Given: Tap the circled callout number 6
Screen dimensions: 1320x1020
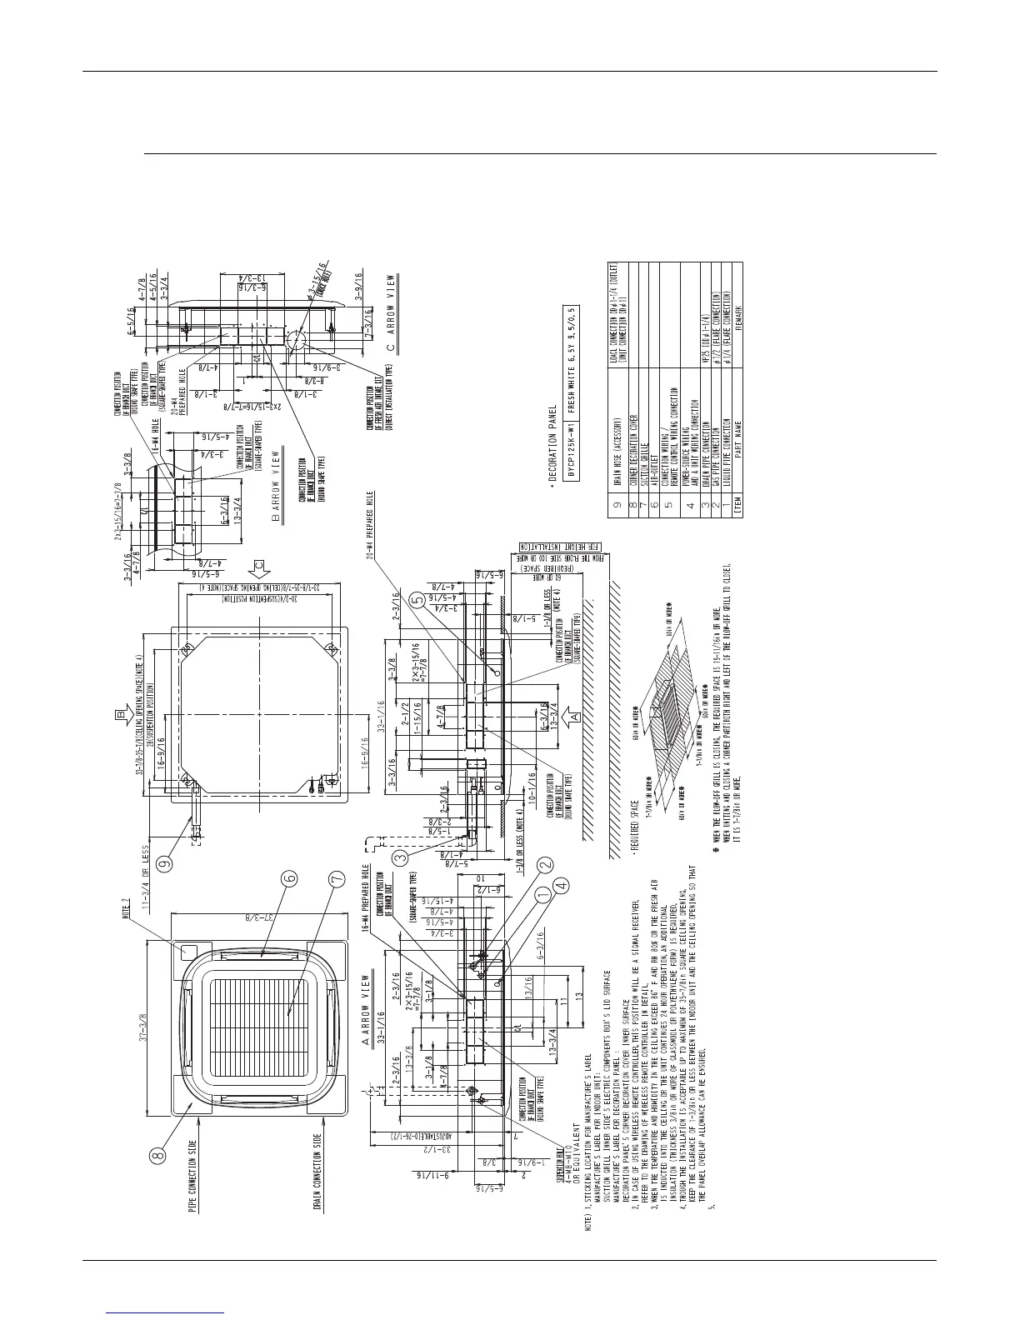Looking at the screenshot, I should point(288,877).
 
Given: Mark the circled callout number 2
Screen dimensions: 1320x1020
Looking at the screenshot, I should point(546,864).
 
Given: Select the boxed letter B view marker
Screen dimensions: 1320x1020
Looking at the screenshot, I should point(122,714).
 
